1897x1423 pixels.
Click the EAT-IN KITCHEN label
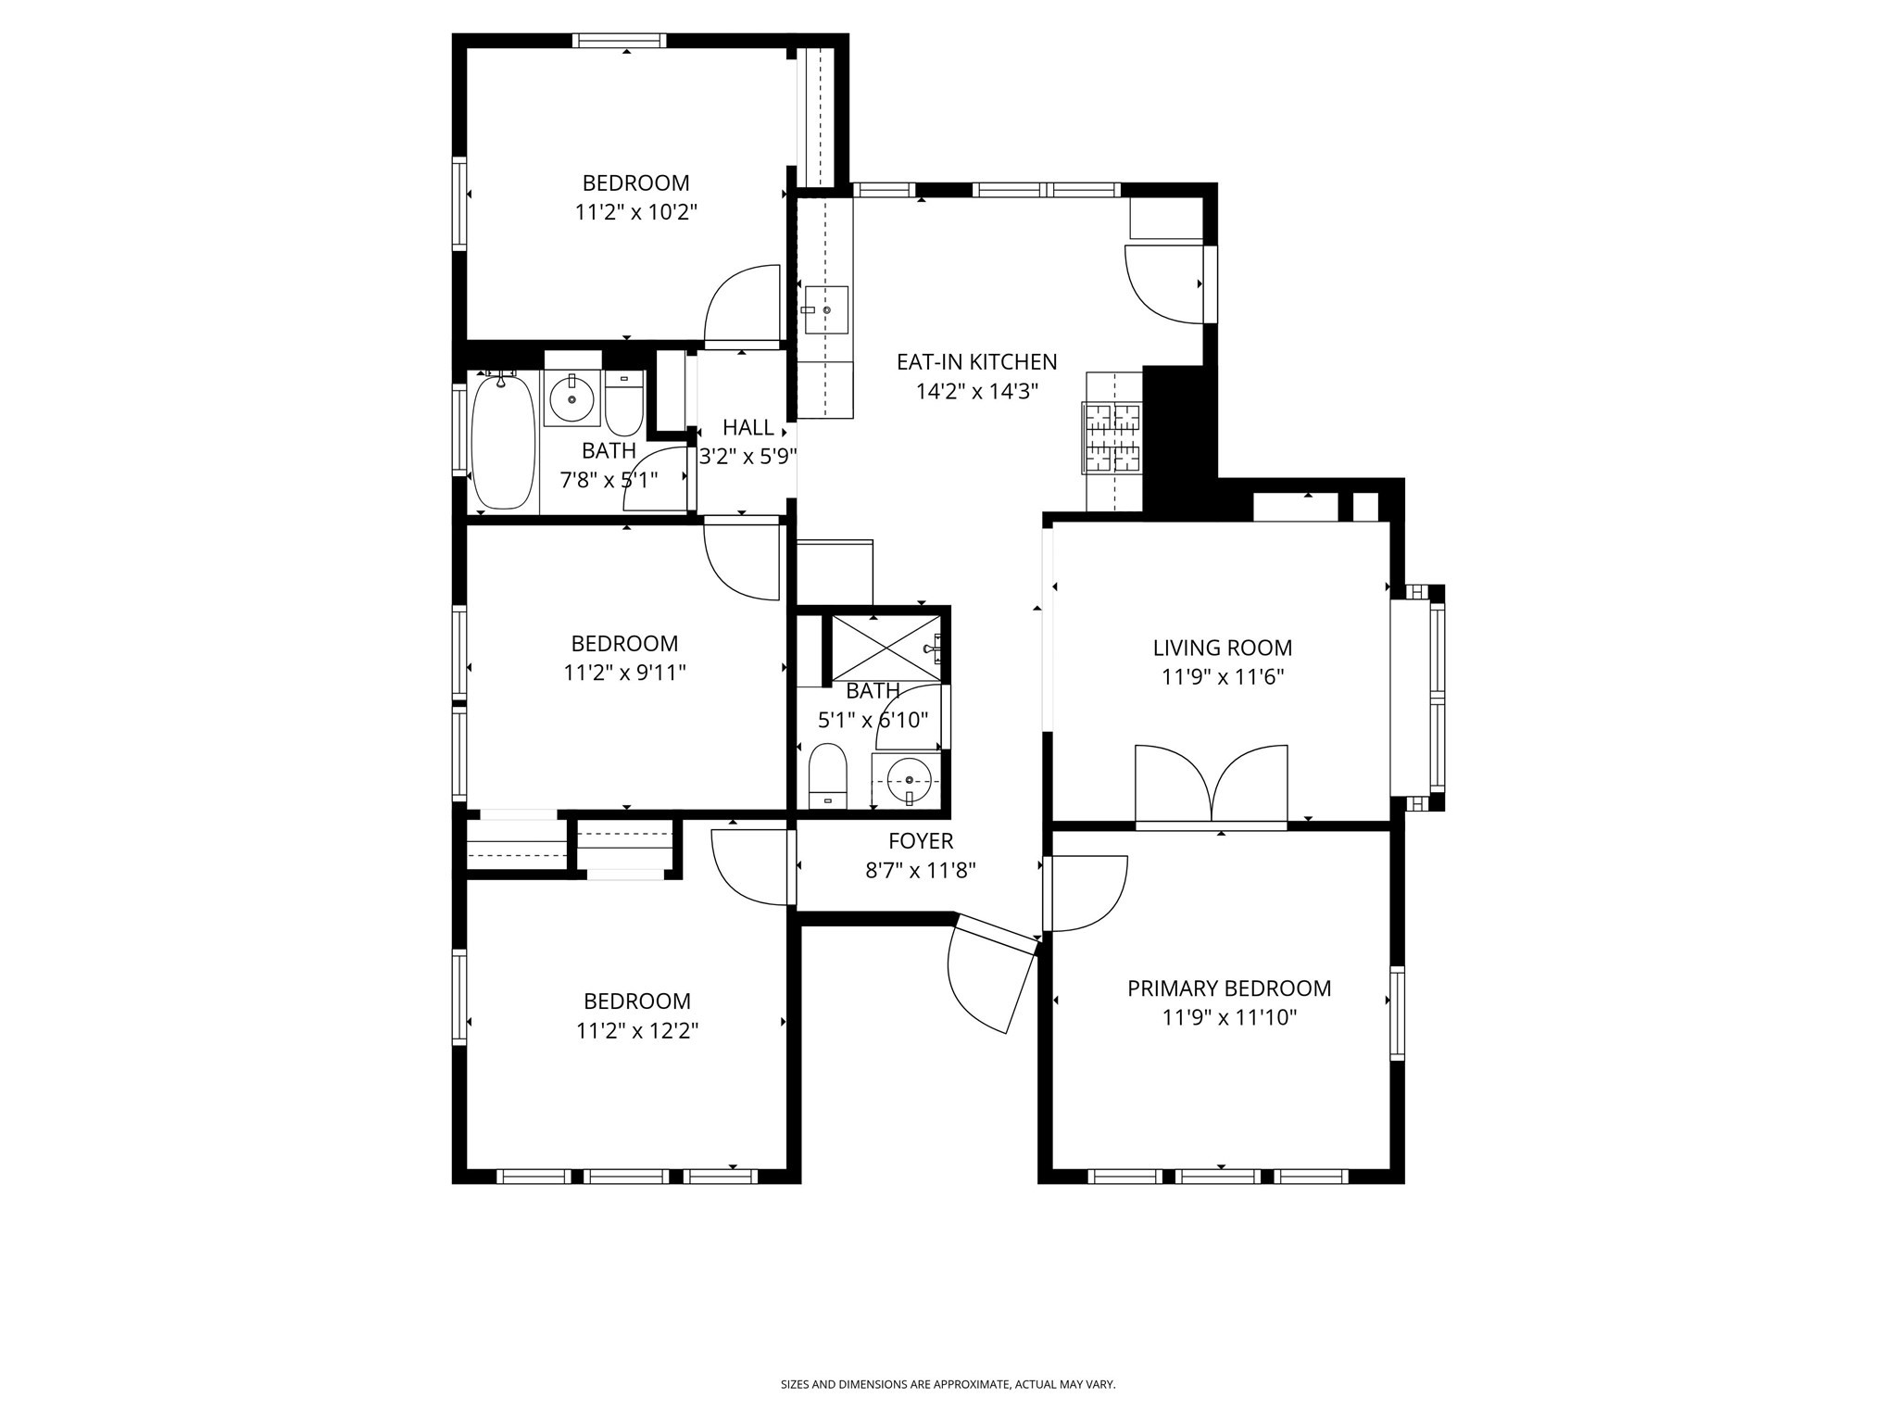[x=976, y=361]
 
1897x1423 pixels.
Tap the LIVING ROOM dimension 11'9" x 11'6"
[x=1222, y=677]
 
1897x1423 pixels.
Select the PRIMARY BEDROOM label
[x=1228, y=989]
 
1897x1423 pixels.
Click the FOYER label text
[x=920, y=841]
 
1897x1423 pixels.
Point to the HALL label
[x=747, y=428]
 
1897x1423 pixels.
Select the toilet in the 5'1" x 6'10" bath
[x=827, y=776]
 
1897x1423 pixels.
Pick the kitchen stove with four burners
[x=1112, y=437]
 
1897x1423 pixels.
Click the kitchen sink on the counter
[x=825, y=310]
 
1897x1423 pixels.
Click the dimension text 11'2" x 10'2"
[x=635, y=212]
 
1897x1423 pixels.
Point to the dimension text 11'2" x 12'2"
[x=636, y=1031]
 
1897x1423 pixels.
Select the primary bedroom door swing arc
[x=1086, y=893]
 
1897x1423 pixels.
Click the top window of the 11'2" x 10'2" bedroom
[x=619, y=41]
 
